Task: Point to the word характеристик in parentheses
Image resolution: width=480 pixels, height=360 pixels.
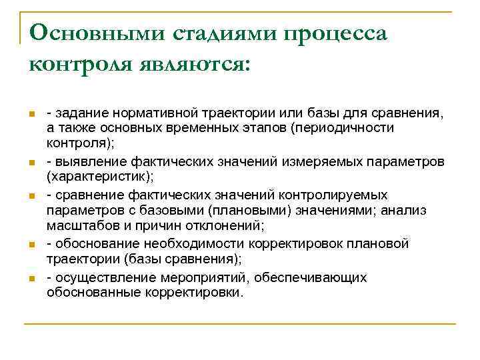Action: pos(96,177)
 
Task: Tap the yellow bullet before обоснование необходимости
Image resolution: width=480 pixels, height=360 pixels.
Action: pos(31,245)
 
